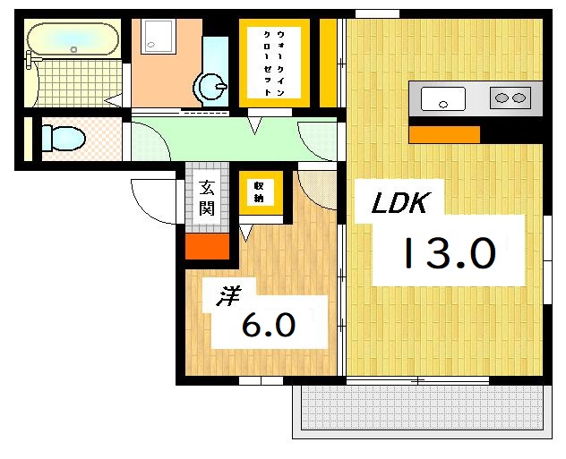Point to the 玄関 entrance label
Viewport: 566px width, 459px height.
[207, 199]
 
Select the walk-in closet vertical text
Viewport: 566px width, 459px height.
[274, 60]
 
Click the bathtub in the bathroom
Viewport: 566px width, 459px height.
[73, 39]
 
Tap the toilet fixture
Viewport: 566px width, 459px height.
[61, 139]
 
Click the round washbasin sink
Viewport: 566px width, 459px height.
[211, 87]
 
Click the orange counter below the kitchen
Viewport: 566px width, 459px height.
[444, 135]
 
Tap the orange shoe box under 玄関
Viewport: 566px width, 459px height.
[206, 246]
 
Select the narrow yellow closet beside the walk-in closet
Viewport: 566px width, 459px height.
[329, 61]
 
